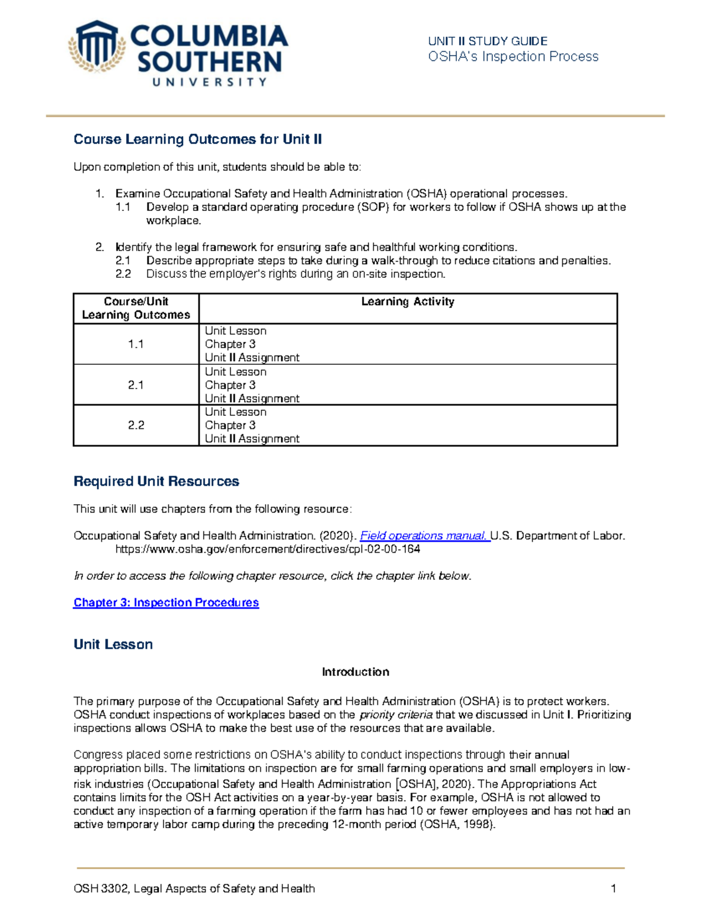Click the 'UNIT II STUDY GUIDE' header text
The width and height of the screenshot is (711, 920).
487,41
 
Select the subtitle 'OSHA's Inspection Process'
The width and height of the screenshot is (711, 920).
513,57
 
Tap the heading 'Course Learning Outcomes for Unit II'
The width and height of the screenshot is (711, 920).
197,139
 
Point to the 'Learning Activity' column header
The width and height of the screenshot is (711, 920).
408,302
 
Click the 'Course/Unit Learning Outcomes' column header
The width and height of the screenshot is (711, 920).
136,308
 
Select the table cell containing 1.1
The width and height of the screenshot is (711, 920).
136,344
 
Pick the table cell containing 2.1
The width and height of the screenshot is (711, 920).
136,385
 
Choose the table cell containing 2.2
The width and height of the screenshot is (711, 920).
136,425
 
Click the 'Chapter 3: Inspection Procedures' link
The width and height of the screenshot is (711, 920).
166,602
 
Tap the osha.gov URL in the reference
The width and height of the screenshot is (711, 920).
267,549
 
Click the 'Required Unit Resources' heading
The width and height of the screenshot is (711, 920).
156,481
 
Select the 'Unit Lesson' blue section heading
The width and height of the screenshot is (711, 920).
113,645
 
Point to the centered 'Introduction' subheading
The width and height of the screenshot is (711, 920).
355,672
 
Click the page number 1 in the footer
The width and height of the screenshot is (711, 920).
613,888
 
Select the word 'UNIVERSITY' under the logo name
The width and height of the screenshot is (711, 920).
209,82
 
